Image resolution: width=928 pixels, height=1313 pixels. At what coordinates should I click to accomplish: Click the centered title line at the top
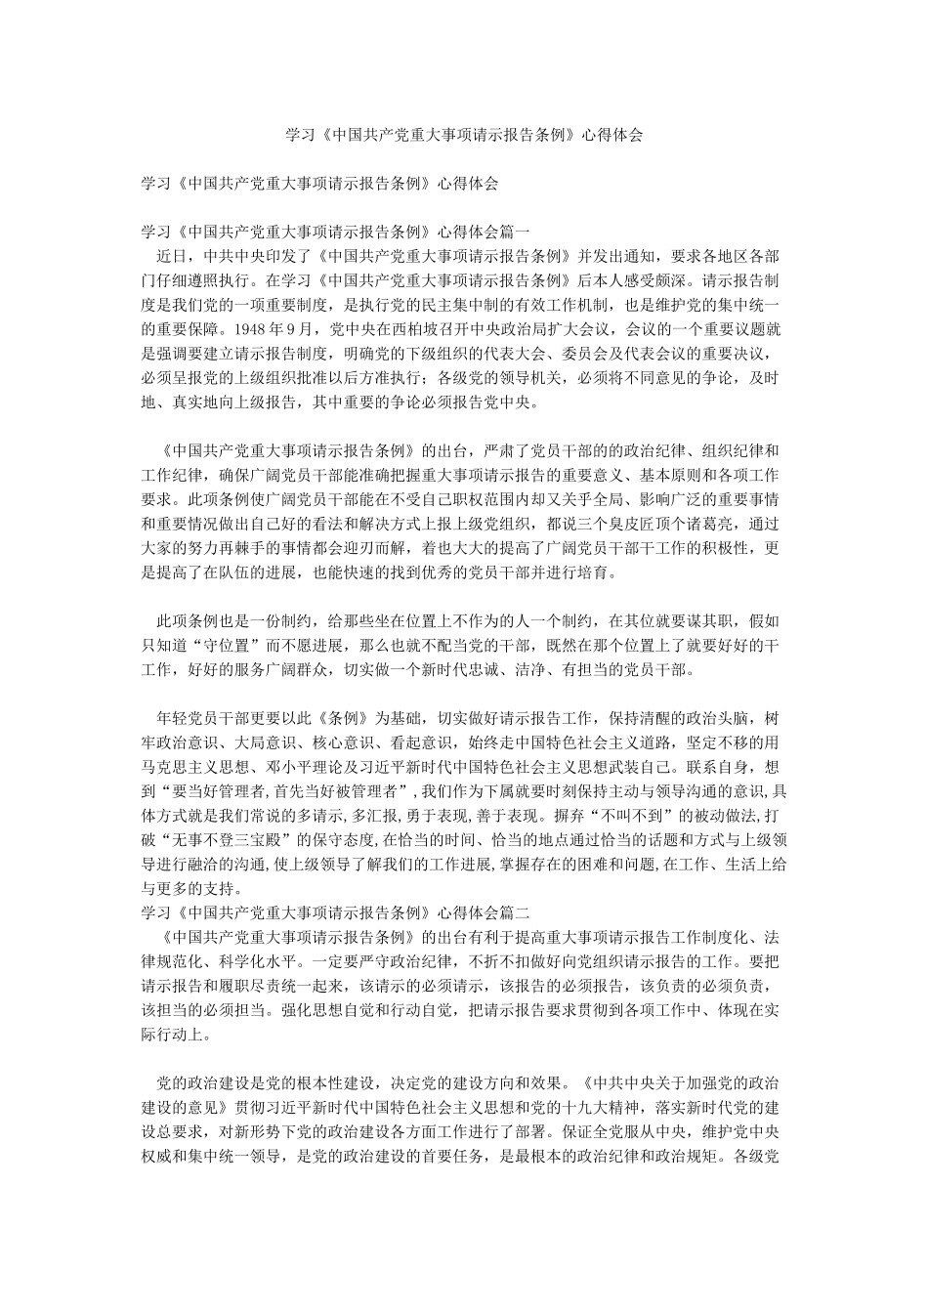click(464, 137)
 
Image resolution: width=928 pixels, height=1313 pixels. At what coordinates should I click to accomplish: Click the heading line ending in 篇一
click(336, 233)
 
